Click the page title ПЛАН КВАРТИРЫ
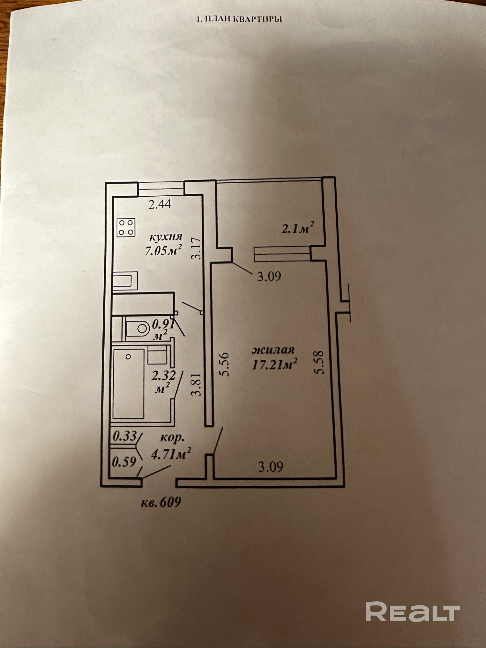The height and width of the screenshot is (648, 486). (239, 19)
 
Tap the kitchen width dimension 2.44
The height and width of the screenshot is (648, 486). (159, 204)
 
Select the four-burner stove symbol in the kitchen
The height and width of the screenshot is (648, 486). (126, 227)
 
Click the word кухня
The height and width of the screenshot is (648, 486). (166, 237)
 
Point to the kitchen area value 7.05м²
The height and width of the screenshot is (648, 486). (163, 250)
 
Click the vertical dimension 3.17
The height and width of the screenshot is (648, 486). (196, 248)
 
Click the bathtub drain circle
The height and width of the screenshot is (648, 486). (128, 357)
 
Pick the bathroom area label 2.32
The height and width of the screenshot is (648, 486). (164, 376)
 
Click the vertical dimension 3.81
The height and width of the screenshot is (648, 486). (196, 385)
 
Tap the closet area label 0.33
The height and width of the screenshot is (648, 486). (124, 436)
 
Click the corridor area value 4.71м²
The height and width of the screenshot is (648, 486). (171, 454)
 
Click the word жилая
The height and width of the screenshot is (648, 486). (273, 350)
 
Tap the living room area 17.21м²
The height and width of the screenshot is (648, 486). (274, 365)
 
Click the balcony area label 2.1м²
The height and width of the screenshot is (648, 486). (298, 229)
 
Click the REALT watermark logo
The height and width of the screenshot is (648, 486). (413, 611)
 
